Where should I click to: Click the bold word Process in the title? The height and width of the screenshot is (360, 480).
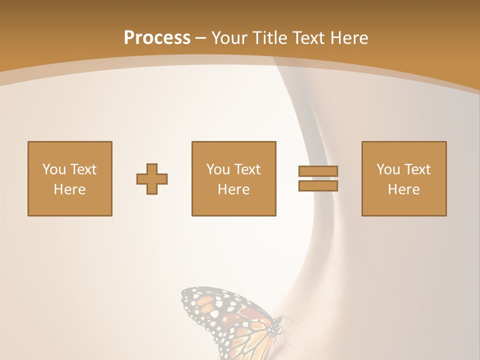click(x=157, y=38)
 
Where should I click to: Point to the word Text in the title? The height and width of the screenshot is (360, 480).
click(x=309, y=38)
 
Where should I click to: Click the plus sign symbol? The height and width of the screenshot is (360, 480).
click(x=152, y=179)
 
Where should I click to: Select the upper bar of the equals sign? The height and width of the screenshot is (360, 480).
click(x=318, y=171)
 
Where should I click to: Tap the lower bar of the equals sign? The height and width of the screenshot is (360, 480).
click(x=318, y=186)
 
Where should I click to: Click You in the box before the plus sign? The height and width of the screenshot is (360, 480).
click(x=54, y=169)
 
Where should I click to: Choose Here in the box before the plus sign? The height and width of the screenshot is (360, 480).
click(x=69, y=189)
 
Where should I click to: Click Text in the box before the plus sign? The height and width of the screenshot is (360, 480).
click(x=83, y=169)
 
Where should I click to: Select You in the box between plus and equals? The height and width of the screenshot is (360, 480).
click(x=218, y=169)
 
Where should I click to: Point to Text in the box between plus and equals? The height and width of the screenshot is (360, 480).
click(x=247, y=169)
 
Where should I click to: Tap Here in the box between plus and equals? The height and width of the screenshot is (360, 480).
click(x=233, y=189)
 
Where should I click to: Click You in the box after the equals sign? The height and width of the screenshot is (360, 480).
click(x=388, y=169)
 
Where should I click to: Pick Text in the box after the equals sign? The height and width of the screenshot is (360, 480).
click(x=417, y=169)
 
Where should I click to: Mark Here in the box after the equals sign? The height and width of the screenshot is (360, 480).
click(x=403, y=189)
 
